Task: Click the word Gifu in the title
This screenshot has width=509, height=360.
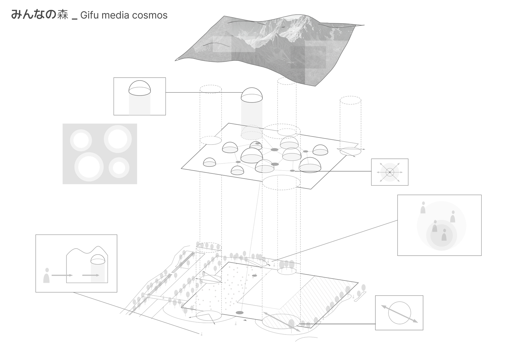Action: pos(89,15)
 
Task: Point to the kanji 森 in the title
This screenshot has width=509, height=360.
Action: pos(63,15)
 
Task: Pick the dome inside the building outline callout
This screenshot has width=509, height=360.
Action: pos(98,260)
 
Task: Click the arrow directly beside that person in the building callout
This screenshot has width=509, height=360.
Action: pos(62,275)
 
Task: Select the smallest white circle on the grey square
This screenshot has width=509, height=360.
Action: pos(119,168)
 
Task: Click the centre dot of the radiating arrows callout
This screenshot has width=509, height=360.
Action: pos(390,172)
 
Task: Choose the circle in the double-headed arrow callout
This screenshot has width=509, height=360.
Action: pos(400,313)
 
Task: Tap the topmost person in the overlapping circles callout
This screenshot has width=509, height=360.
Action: pos(423,208)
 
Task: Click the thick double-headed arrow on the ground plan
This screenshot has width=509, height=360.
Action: pos(282,322)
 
